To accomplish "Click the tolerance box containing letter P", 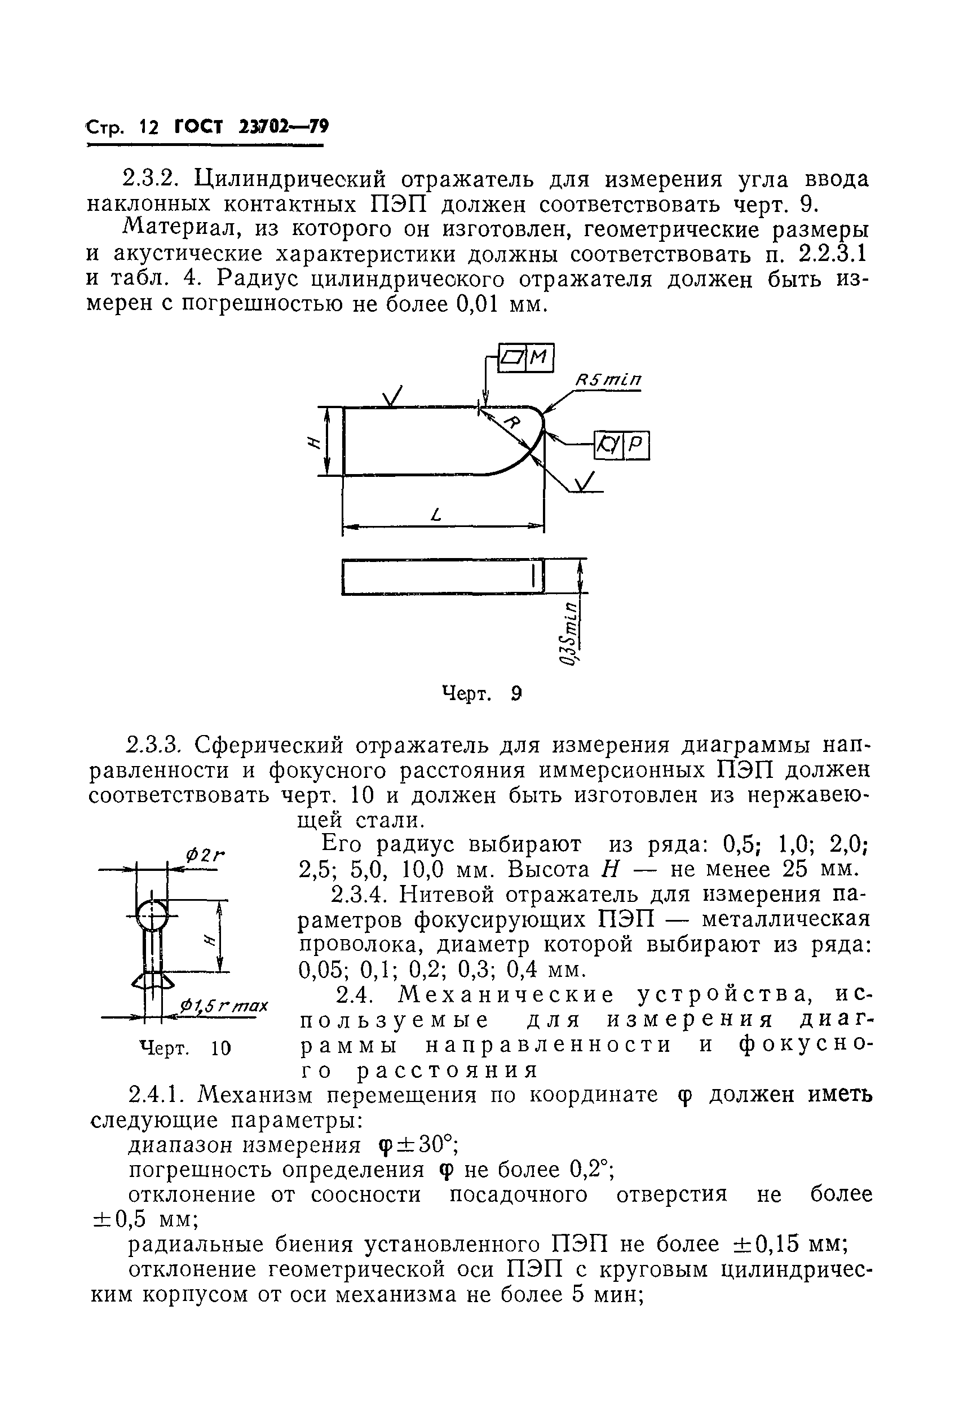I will [635, 445].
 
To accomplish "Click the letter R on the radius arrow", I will [514, 422].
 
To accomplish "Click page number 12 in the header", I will [149, 128].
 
